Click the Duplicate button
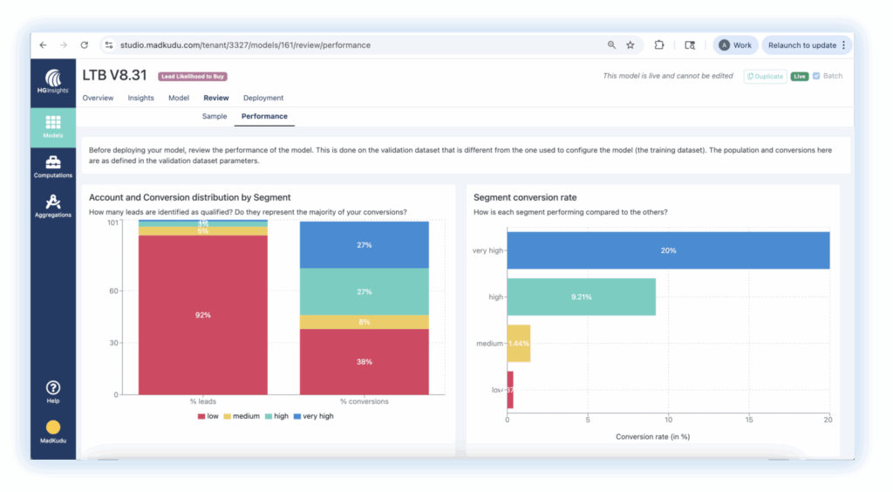click(x=765, y=76)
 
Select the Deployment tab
click(x=263, y=98)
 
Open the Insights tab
click(x=140, y=98)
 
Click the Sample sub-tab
click(x=215, y=116)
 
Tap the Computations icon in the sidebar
click(x=52, y=166)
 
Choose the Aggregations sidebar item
click(x=52, y=206)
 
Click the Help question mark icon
click(x=52, y=387)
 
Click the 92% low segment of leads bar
click(x=202, y=315)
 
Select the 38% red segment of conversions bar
click(x=364, y=361)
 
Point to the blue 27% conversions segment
click(x=364, y=245)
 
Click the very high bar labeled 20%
click(x=668, y=250)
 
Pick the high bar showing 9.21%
click(x=581, y=297)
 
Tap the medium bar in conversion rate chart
click(x=519, y=344)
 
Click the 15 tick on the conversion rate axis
click(x=748, y=420)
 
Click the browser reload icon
click(x=85, y=45)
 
